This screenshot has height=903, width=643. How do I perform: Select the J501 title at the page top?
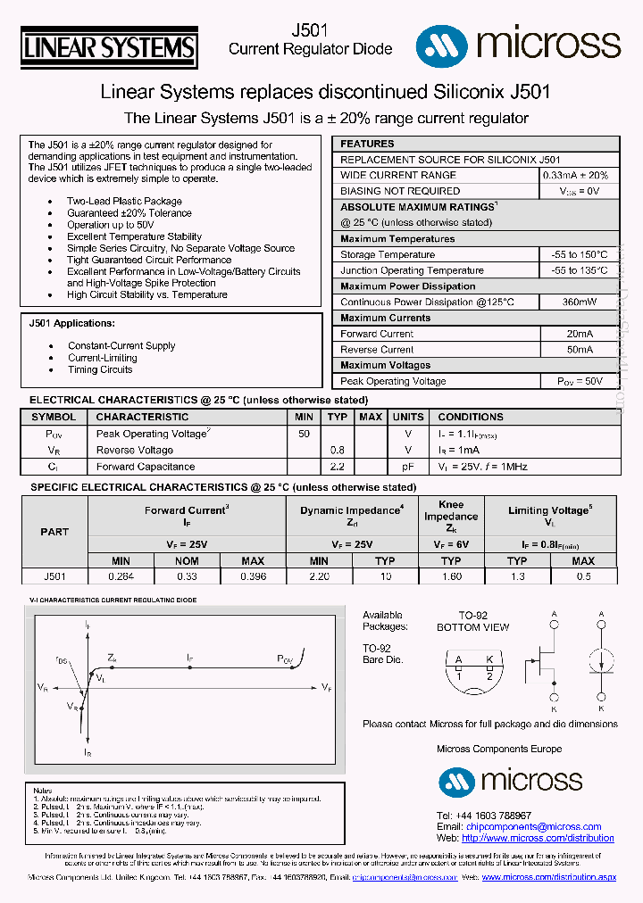coord(310,30)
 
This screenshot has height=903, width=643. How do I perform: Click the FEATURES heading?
coord(367,144)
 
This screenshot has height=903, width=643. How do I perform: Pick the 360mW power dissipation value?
coord(579,302)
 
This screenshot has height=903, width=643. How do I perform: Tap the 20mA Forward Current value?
coord(579,334)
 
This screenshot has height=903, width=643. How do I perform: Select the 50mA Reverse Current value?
coord(579,350)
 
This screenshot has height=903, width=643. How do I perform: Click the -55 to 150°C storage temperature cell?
coord(579,254)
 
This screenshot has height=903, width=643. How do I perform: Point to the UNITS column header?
coord(408,417)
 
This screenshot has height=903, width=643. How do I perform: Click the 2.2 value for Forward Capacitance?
coord(337,467)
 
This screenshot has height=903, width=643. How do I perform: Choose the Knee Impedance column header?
coord(451,517)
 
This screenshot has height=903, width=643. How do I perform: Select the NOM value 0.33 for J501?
coord(188,576)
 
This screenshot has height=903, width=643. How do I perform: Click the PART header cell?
coord(54,532)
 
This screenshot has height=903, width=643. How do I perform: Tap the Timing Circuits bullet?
coord(100,369)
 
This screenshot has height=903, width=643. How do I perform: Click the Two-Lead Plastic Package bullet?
coord(124,202)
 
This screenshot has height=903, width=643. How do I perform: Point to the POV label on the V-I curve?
coord(284,659)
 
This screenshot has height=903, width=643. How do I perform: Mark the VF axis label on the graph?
coord(327,687)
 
